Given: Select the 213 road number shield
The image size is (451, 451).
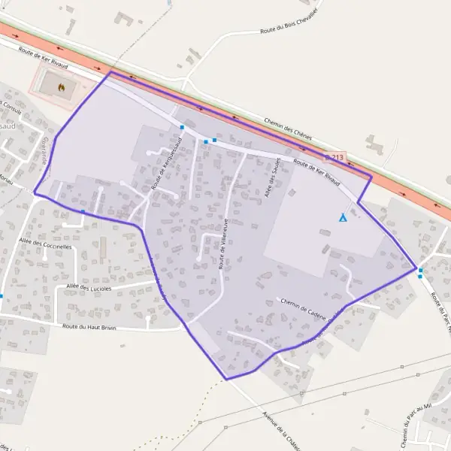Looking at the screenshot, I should (x=335, y=158).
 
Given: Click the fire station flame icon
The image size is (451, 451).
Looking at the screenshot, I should (x=61, y=87).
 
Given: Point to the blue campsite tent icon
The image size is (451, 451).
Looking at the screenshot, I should (x=343, y=218).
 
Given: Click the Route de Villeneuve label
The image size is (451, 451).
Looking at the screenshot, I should (x=223, y=243).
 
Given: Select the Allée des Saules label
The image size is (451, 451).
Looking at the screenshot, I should (x=275, y=177).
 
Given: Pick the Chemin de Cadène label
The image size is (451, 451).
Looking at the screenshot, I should (x=305, y=305).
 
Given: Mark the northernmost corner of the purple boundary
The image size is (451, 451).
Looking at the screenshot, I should (x=111, y=73).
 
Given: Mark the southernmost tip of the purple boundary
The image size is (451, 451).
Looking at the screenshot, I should (x=226, y=380).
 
